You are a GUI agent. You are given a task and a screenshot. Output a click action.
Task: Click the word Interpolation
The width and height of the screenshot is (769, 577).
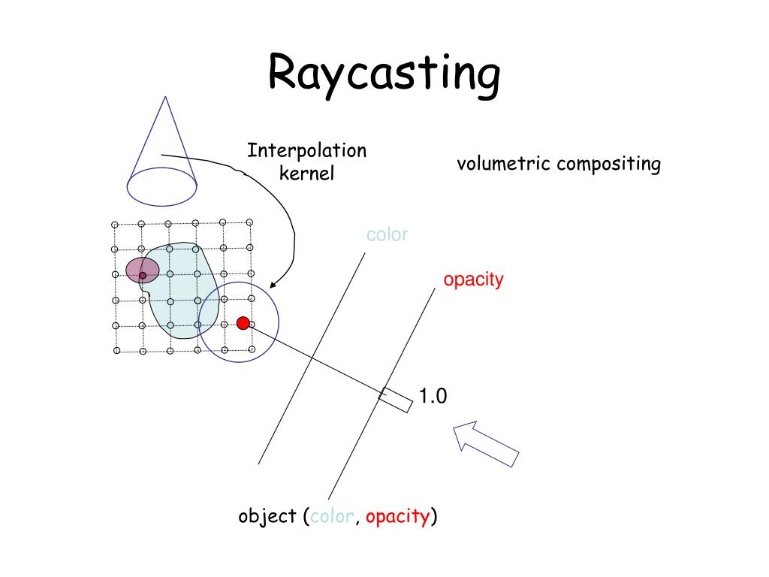(x=307, y=150)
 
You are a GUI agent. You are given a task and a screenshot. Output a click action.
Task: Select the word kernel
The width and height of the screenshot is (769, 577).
(x=306, y=174)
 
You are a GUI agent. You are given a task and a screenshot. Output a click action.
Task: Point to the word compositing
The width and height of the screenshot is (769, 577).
(x=609, y=165)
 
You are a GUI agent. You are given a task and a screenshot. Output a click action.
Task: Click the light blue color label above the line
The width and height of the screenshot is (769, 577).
(x=387, y=234)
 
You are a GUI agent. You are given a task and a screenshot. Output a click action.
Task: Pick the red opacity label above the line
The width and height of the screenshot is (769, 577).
(x=473, y=279)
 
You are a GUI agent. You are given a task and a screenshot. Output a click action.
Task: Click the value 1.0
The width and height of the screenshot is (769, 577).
(x=433, y=396)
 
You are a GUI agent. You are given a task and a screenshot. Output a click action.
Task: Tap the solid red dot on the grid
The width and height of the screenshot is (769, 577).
(x=243, y=323)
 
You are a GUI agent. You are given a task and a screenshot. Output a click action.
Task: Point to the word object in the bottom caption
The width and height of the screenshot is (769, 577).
(x=267, y=517)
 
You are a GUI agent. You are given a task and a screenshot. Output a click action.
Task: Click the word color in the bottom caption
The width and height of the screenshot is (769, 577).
(x=332, y=517)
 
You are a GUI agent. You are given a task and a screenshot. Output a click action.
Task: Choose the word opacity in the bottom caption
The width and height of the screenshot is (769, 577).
(x=398, y=518)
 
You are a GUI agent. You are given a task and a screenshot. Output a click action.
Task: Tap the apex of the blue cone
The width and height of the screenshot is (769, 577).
(x=165, y=97)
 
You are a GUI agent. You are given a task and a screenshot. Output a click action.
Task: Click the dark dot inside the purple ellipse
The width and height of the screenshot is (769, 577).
(x=143, y=276)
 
